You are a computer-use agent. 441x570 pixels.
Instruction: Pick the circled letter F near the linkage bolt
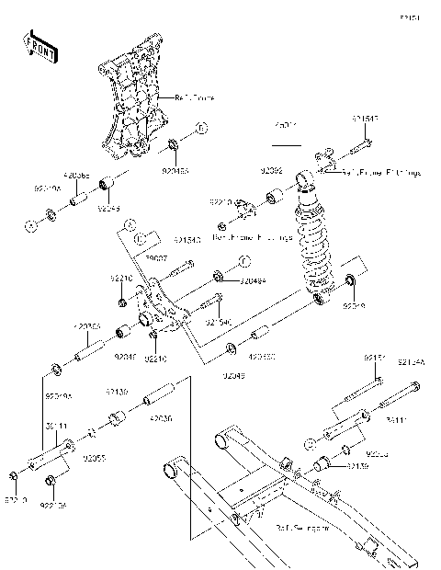click(244, 260)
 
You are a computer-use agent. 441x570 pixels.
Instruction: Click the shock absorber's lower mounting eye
click(317, 298)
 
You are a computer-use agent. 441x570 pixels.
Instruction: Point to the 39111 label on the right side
click(395, 421)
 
